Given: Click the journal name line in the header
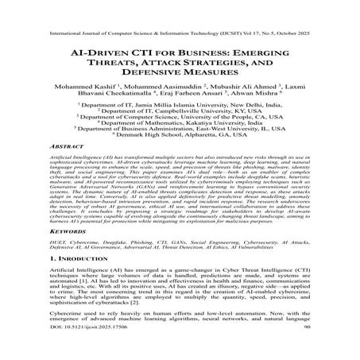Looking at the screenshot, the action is (x=180, y=12).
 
